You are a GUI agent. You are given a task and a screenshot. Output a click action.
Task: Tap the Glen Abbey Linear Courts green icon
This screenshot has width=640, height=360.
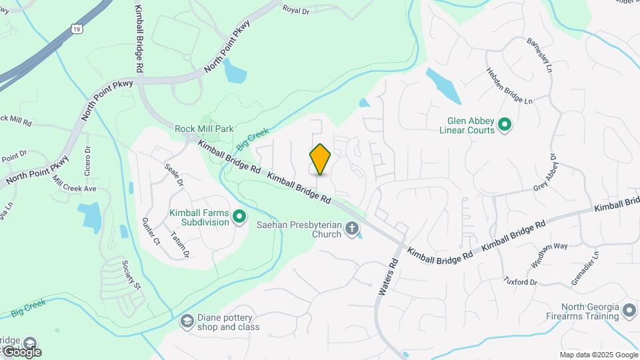click(x=505, y=123)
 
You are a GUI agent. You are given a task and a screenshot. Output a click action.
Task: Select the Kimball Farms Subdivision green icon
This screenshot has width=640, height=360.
click(x=239, y=215)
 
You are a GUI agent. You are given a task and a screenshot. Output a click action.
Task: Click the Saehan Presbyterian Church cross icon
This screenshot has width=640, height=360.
click(x=352, y=229)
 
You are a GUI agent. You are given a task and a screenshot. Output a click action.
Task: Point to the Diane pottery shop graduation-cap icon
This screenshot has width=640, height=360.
click(x=187, y=323)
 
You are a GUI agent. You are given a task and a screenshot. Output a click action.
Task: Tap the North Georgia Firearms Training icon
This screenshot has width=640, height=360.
click(x=629, y=310)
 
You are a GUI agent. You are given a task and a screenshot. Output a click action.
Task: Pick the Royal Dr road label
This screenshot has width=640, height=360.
click(x=297, y=9)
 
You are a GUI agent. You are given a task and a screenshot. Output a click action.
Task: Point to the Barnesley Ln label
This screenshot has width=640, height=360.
click(x=540, y=55)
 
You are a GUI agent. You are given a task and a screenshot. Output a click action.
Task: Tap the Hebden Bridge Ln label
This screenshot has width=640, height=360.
click(x=509, y=87)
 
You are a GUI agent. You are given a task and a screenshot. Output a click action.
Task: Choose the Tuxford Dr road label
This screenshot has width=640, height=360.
click(x=520, y=281)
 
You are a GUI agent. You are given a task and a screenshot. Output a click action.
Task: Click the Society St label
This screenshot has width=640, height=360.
click(x=132, y=275)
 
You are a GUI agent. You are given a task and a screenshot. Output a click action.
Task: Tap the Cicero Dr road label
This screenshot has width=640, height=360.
click(x=87, y=160)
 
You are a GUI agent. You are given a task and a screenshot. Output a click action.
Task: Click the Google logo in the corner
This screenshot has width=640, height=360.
click(x=21, y=351)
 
